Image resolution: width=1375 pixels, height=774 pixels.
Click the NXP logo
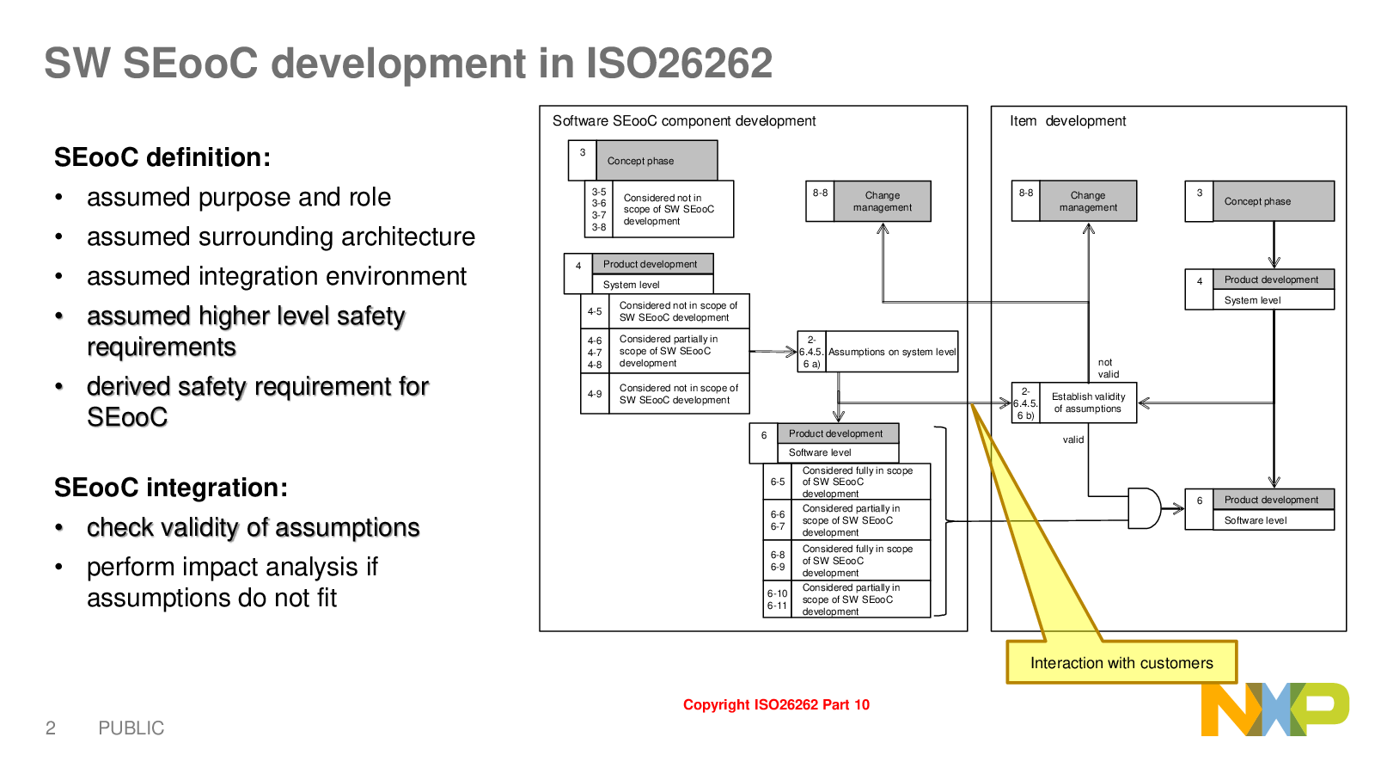pos(1275,709)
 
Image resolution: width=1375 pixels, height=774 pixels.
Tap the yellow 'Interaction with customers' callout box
pos(1121,662)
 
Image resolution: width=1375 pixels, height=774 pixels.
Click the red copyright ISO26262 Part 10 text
pos(776,704)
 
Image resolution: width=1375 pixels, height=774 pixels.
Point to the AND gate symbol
pos(1144,508)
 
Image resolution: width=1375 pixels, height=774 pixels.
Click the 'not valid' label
pos(1108,368)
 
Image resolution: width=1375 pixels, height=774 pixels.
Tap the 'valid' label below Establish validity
pos(1073,439)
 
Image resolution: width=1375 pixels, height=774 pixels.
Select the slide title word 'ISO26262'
pos(679,63)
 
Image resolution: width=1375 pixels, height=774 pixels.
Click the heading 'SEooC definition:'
pos(162,157)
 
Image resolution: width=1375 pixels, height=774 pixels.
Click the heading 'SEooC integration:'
pos(171,488)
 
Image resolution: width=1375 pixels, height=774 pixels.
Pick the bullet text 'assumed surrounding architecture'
pos(280,236)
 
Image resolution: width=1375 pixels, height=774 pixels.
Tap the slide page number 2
pos(51,728)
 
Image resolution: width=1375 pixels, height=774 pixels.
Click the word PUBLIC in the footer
pos(131,728)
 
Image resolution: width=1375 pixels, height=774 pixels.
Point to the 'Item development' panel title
pos(1067,121)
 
